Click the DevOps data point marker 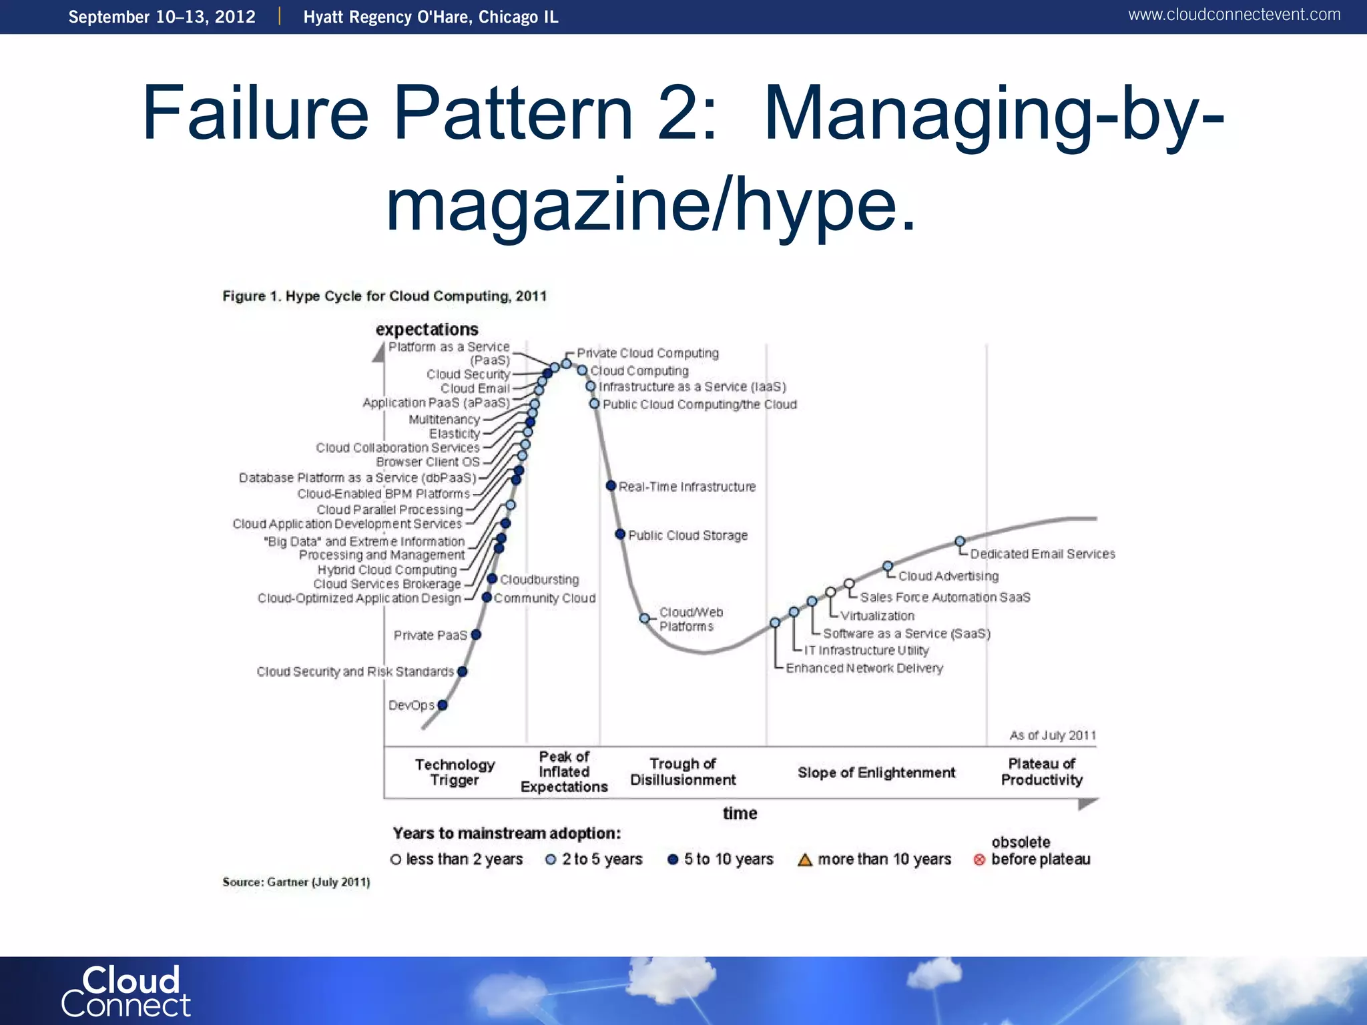pos(443,705)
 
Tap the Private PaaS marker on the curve pos(476,635)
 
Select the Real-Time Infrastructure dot pos(611,486)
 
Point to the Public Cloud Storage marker pos(620,535)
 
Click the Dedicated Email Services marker pos(960,541)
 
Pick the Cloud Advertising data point pos(888,567)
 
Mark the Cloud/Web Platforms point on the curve pos(645,619)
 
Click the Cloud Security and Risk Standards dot pos(463,671)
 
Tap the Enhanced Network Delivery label pos(864,668)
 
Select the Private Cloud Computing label pos(647,353)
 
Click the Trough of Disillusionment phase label pos(683,772)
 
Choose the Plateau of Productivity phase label pos(1041,772)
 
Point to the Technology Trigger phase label pos(455,772)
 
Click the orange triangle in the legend pos(805,860)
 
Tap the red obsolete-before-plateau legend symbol pos(979,860)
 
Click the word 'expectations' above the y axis pos(427,330)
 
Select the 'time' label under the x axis pos(740,813)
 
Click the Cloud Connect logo pos(126,992)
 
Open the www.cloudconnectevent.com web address pos(1234,15)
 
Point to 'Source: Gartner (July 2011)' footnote pos(296,882)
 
